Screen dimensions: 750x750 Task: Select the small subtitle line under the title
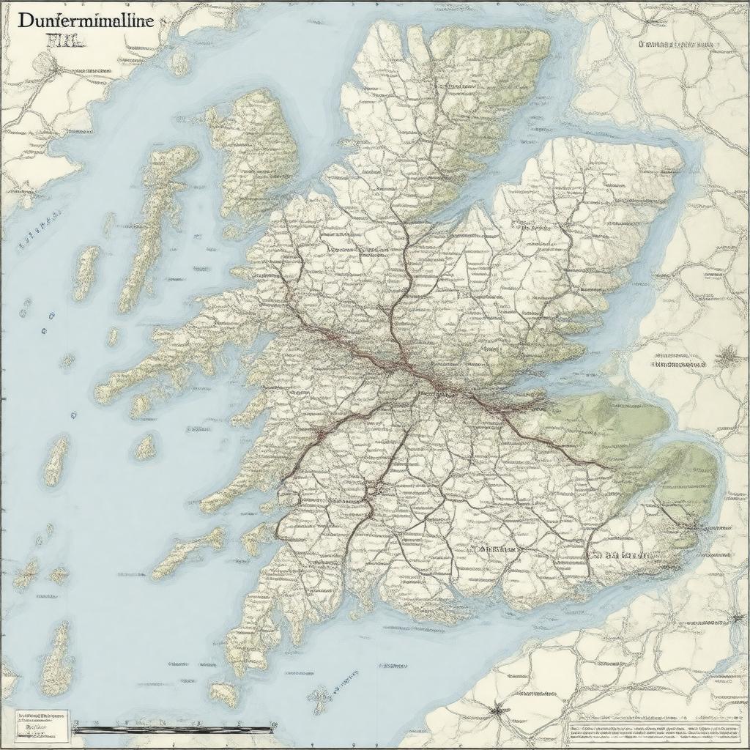tap(66, 41)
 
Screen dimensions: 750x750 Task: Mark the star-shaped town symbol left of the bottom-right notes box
tap(499, 708)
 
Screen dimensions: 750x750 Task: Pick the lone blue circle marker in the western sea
tap(73, 415)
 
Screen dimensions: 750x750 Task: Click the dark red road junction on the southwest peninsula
tap(319, 434)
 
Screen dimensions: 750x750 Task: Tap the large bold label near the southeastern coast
tap(619, 555)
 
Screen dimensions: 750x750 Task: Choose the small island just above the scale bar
tap(223, 692)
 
